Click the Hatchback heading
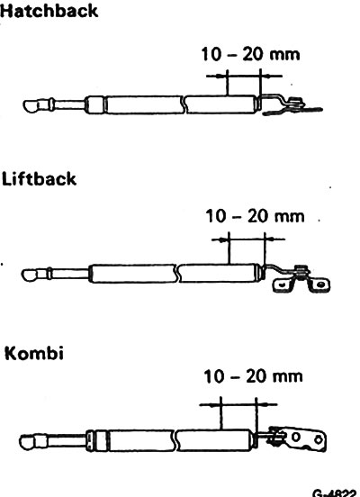point(49,11)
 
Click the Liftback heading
point(39,179)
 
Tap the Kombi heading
point(34,353)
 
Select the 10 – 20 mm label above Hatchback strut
point(250,54)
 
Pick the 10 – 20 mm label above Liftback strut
point(255,216)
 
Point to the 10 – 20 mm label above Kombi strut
point(253,376)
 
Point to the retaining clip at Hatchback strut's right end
point(293,106)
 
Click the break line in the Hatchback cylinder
point(184,104)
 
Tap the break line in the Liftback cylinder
point(176,273)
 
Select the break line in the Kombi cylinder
point(175,440)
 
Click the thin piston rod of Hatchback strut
point(69,105)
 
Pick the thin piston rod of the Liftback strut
point(70,274)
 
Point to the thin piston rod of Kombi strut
point(67,441)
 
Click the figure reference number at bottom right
point(335,493)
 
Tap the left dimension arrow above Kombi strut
point(210,405)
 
